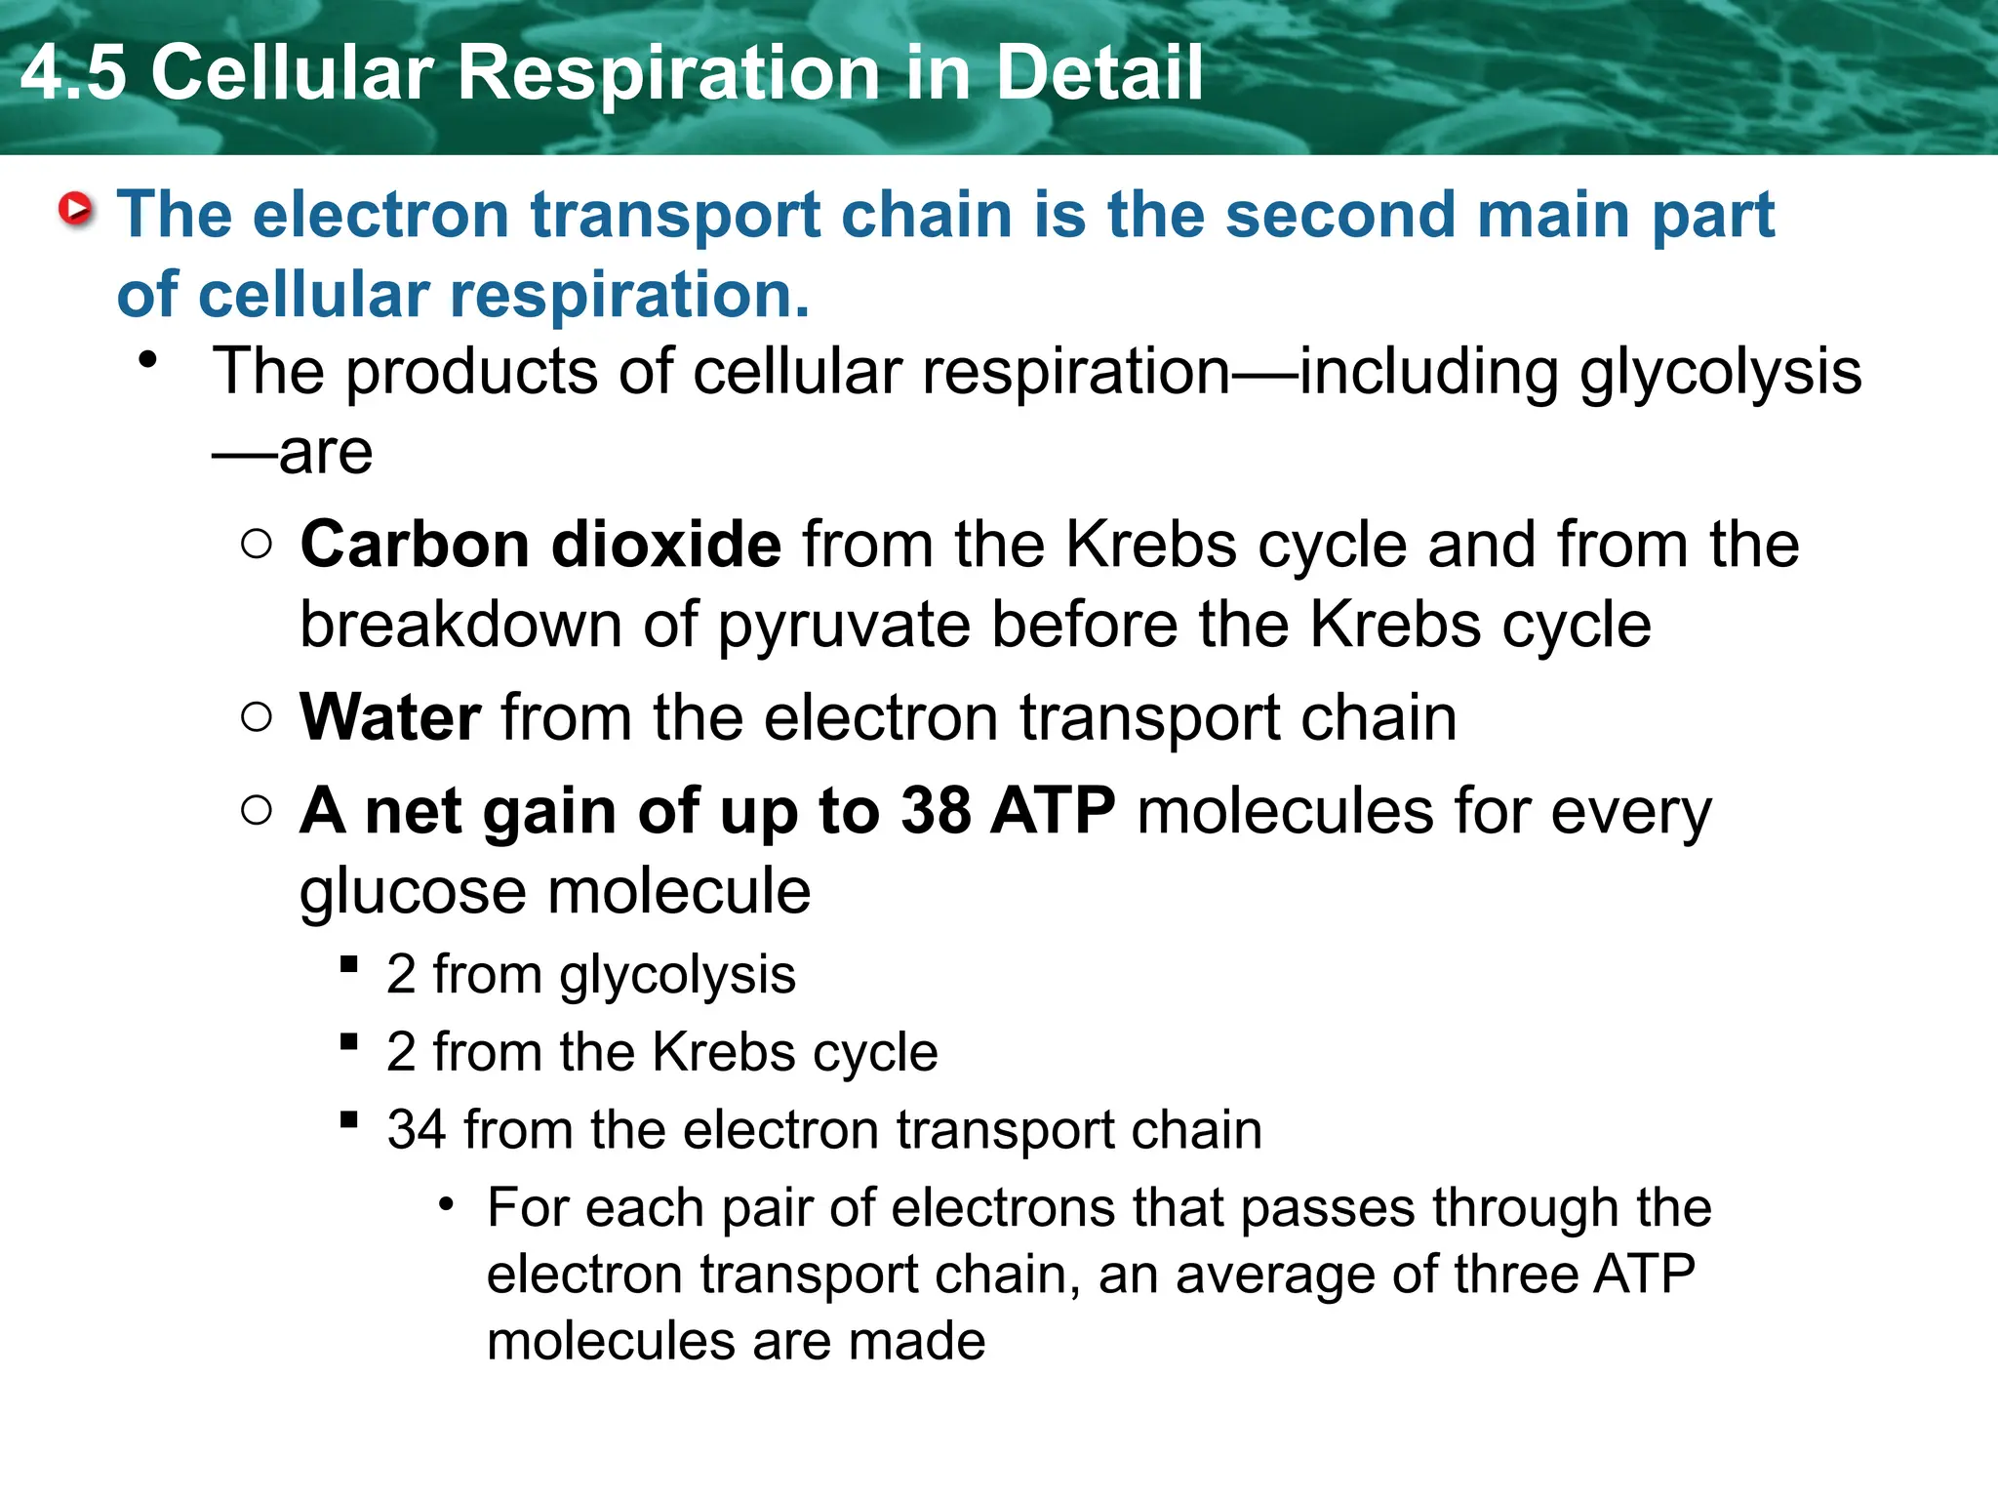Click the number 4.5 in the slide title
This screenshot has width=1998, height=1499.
point(74,73)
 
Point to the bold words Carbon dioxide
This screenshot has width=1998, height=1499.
point(540,545)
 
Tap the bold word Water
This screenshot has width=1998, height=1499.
point(390,718)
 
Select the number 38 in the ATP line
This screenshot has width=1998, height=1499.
point(936,811)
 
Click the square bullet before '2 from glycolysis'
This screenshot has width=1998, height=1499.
point(349,965)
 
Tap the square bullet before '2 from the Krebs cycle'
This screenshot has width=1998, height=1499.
point(349,1042)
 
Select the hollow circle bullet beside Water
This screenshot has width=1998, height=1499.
point(256,717)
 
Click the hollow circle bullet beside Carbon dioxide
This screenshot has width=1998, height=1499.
point(256,544)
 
